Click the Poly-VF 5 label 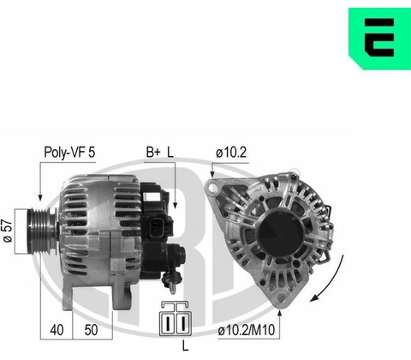point(69,152)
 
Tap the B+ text point(153,152)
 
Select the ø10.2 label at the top point(231,153)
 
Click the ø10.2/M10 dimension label point(247,331)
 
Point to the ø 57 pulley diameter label point(8,231)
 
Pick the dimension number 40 point(57,330)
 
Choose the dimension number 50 point(91,330)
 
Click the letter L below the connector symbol point(186,346)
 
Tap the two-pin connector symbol point(176,318)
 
